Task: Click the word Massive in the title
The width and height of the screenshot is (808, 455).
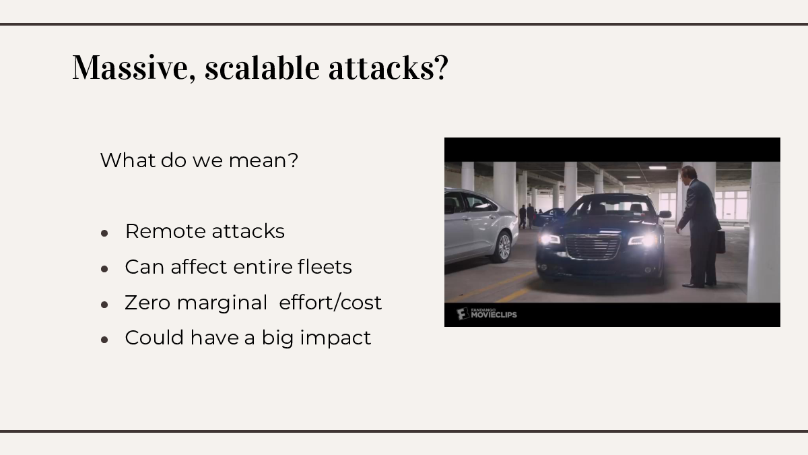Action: [x=134, y=67]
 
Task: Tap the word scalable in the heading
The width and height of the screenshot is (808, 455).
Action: [x=262, y=67]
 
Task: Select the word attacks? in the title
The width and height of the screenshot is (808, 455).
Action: [x=389, y=68]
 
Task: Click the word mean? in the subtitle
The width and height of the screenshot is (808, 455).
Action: [x=264, y=160]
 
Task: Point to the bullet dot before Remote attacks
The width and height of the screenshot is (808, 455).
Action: [x=104, y=233]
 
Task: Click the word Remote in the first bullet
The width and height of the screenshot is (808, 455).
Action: [x=165, y=231]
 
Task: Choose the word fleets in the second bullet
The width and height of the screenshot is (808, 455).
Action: [x=325, y=267]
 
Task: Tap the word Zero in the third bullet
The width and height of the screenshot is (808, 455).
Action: [x=147, y=303]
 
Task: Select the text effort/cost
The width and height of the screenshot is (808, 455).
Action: [x=331, y=302]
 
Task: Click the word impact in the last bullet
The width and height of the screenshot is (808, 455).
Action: [x=335, y=338]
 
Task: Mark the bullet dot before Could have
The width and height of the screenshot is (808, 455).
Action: [x=104, y=340]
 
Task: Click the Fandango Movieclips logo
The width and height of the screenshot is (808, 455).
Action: [x=487, y=314]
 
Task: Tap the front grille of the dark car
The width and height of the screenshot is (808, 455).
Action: [x=593, y=247]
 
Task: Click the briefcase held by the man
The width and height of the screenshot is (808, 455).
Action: [x=720, y=242]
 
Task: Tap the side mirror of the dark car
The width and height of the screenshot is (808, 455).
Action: [x=665, y=214]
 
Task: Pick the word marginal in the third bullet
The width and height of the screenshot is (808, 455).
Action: [x=222, y=303]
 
